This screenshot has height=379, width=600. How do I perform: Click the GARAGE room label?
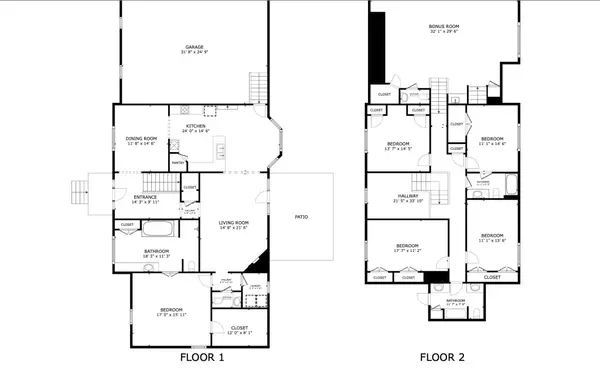[194, 46]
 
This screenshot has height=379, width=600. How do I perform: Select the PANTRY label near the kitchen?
[177, 162]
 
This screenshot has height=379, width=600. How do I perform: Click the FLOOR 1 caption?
[202, 357]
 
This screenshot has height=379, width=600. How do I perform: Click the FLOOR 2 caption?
[442, 357]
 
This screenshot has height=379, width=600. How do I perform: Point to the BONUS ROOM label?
[443, 26]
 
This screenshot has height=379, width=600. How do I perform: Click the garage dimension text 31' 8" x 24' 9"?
[194, 52]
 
